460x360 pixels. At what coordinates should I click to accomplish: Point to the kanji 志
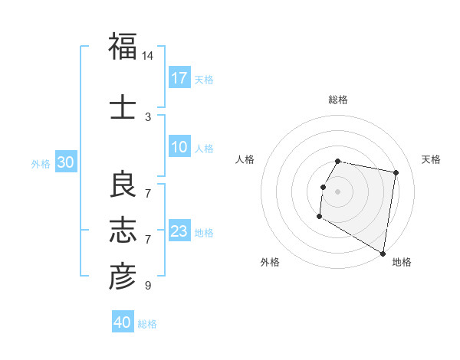(123, 230)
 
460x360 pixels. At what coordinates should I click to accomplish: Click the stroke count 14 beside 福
(148, 56)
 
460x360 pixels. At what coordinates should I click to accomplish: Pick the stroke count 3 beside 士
(148, 116)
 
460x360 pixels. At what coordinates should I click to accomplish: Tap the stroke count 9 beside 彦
(148, 286)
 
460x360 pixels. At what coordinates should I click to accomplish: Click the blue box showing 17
(179, 78)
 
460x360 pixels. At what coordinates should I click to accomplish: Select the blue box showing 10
(179, 148)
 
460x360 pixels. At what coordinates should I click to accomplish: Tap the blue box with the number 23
(179, 231)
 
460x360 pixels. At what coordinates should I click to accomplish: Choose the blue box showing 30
(65, 162)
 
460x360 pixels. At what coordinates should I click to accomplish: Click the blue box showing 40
(123, 322)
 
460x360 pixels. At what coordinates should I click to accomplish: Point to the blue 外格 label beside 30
(41, 163)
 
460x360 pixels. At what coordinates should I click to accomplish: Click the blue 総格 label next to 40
(147, 323)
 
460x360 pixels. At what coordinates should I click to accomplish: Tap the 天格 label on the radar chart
(431, 159)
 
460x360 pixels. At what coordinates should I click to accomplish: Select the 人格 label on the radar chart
(245, 159)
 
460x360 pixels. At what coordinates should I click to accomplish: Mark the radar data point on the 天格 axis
(396, 173)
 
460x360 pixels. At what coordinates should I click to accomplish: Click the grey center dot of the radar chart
(337, 191)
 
